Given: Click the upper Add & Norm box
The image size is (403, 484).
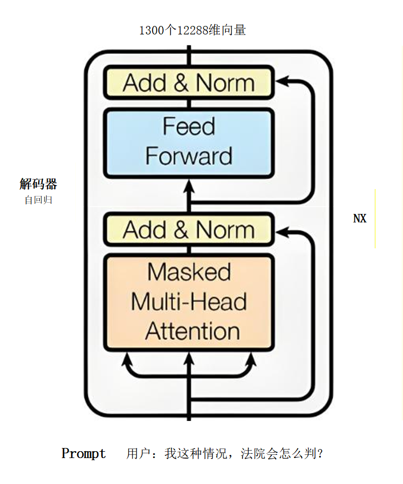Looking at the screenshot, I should point(189,83).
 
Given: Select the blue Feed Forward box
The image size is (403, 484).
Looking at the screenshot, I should point(189,142).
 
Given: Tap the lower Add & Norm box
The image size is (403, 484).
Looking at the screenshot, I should point(189,230).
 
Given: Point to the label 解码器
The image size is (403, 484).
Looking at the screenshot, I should point(38,184).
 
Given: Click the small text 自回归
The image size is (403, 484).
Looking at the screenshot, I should point(38,201).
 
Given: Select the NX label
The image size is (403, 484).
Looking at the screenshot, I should point(360,218).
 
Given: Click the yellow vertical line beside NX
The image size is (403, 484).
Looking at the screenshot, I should point(375,218).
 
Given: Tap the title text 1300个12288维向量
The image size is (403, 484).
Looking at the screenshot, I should point(192,30).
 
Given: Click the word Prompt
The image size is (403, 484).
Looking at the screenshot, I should point(84,454).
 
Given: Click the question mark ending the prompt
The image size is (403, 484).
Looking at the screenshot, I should point(318,454).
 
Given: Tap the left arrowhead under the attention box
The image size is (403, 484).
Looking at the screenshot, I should point(127,361).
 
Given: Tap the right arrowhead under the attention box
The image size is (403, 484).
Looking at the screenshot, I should point(250,361).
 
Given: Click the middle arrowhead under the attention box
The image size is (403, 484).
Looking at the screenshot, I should point(189,361).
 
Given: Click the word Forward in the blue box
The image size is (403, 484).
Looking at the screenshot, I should point(189,157).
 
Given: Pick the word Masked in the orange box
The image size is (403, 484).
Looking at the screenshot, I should point(189,272).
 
